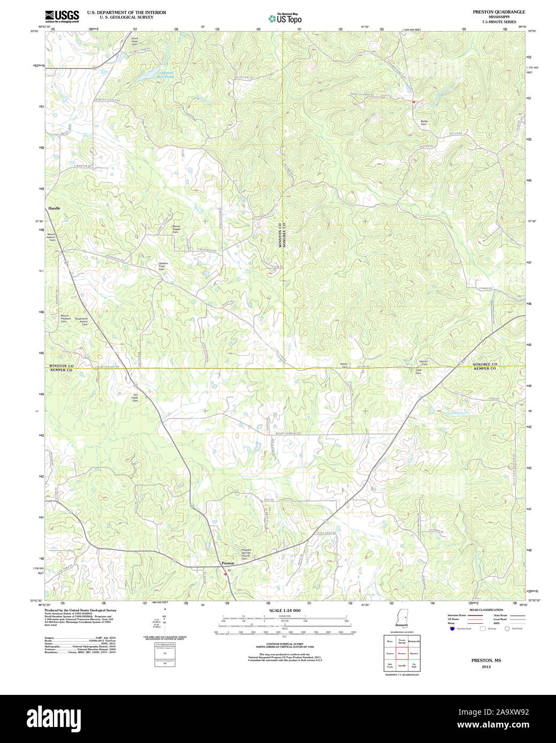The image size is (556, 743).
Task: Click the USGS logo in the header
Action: (62, 16)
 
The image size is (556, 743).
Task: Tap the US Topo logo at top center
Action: (285, 18)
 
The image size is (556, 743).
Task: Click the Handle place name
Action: (55, 208)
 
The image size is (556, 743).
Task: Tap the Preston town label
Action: (228, 563)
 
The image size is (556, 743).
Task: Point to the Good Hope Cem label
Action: (135, 41)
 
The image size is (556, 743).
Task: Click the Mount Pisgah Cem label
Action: (176, 229)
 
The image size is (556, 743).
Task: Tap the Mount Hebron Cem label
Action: (52, 237)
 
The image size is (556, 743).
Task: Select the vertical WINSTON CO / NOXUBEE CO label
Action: (282, 234)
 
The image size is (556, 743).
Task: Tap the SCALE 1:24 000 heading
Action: (285, 610)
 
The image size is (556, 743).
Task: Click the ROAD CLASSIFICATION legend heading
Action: (485, 610)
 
